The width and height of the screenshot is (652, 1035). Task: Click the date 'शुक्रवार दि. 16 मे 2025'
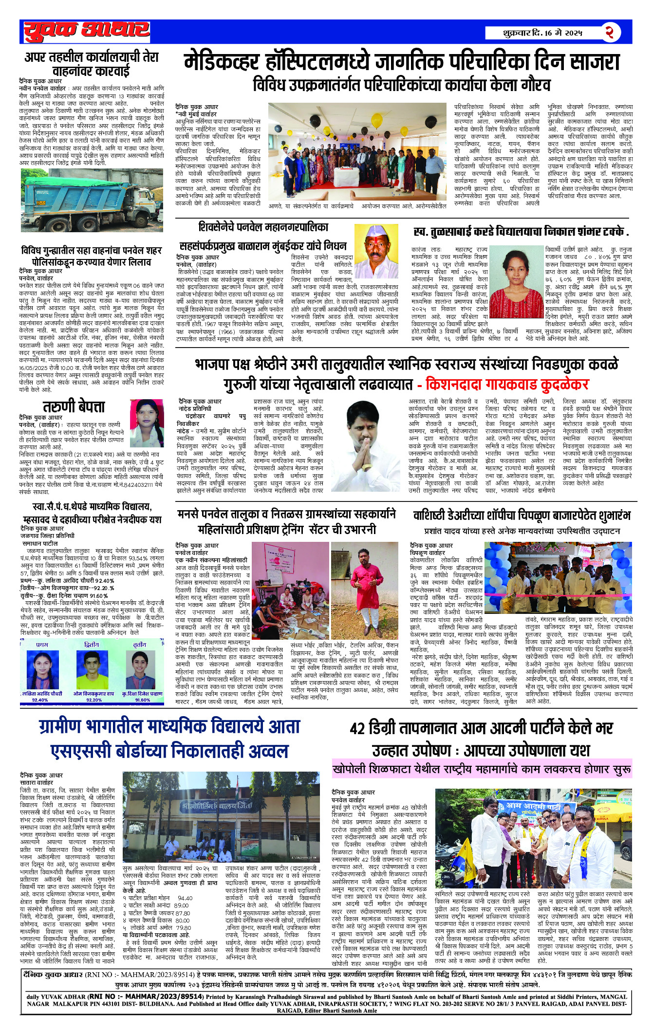[542, 33]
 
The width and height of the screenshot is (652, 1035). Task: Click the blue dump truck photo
[92, 200]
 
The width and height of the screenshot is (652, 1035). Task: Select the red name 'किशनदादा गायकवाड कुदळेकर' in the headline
[506, 385]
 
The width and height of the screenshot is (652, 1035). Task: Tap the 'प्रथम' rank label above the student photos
[42, 645]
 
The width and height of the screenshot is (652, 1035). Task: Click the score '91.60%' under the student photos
[142, 700]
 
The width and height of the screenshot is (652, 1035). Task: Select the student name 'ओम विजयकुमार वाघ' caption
[93, 693]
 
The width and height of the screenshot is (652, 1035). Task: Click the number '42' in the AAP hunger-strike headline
[357, 729]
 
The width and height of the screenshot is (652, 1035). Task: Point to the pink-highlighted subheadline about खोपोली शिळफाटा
[482, 769]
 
